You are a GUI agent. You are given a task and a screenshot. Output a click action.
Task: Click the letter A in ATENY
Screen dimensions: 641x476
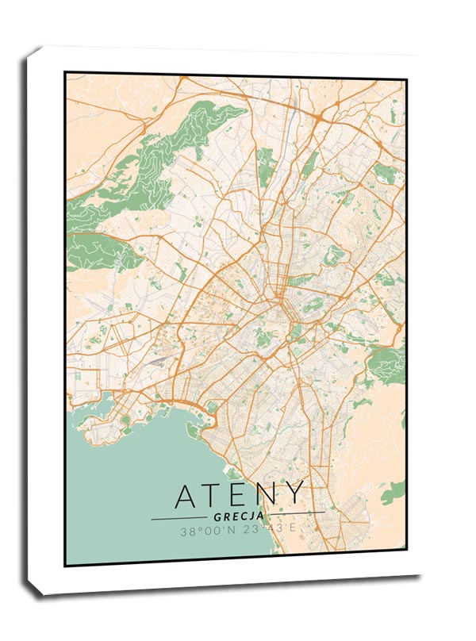[187, 496]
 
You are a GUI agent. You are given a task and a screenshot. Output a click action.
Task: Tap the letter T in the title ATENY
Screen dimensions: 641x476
[214, 496]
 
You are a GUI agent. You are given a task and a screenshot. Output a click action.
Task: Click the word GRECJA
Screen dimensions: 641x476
[237, 517]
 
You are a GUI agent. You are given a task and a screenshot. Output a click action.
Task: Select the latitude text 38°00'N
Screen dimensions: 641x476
[205, 532]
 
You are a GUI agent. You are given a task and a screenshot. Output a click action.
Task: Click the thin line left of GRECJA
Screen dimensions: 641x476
[178, 518]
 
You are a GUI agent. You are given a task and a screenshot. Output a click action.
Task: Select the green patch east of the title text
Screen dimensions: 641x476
[392, 494]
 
